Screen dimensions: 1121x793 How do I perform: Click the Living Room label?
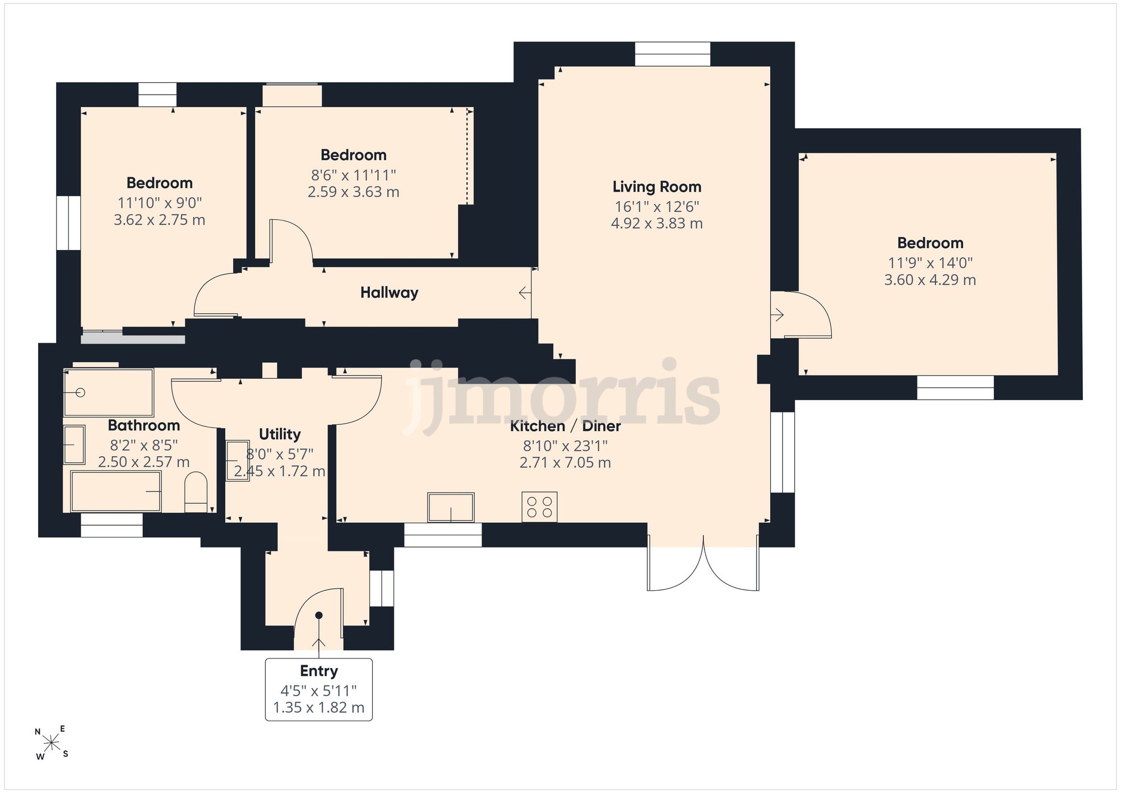tap(656, 187)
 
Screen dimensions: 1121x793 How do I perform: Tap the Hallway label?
tap(389, 293)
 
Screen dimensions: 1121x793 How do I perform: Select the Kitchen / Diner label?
tap(565, 426)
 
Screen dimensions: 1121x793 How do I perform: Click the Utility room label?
tap(280, 434)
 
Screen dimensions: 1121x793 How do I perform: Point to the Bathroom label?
tap(144, 425)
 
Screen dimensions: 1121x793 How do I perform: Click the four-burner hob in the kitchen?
tap(539, 507)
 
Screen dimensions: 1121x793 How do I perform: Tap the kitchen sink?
tap(451, 507)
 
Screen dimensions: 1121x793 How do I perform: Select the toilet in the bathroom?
tap(196, 491)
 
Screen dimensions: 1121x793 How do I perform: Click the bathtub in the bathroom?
tap(116, 491)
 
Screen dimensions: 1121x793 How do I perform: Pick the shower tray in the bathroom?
tap(108, 392)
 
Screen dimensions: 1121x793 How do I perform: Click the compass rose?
tap(52, 743)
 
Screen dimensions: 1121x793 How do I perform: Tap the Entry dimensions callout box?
tap(318, 689)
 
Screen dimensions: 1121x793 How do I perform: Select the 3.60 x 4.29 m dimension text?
tap(930, 280)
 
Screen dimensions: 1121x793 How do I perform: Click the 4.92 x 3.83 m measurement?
tap(656, 223)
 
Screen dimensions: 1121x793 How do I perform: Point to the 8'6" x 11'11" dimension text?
tap(353, 175)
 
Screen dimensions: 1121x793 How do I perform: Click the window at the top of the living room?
tap(673, 54)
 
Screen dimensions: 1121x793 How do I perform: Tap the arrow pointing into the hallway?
tap(525, 293)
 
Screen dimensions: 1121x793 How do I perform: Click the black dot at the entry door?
tap(319, 615)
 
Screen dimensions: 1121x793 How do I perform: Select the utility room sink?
tap(237, 461)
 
